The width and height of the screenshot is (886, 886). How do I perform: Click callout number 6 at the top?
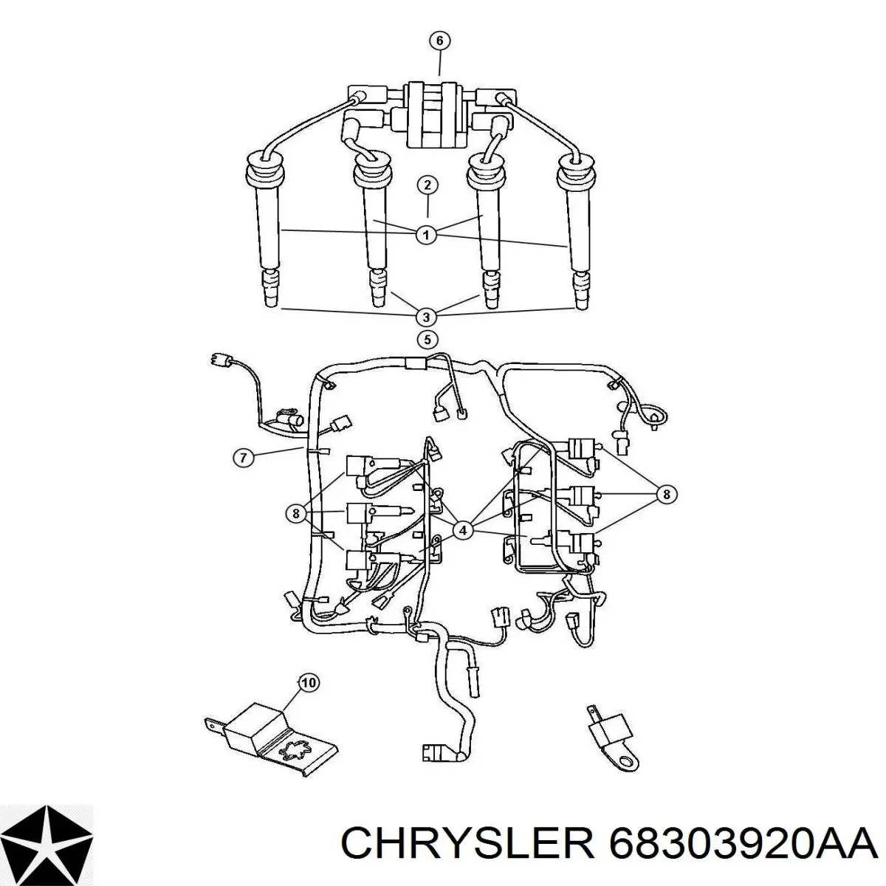[439, 41]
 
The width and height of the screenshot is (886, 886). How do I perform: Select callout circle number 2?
[427, 185]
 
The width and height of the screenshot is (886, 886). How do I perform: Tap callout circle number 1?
[426, 236]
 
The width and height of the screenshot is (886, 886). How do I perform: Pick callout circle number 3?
[426, 317]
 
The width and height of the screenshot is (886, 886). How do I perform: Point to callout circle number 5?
[426, 340]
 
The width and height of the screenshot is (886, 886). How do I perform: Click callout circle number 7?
[243, 458]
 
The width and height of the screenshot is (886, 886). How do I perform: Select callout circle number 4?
[463, 529]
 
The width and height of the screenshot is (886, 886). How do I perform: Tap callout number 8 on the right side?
[666, 495]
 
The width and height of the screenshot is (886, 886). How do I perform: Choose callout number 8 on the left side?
[296, 512]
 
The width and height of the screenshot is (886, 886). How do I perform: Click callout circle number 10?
[308, 683]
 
